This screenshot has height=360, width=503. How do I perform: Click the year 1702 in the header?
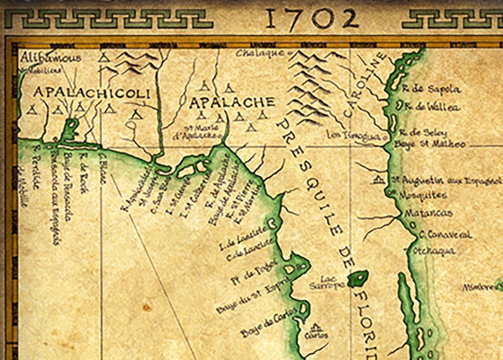(310, 19)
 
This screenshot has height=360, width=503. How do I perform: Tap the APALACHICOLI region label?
(91, 93)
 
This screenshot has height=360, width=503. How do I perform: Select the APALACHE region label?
(232, 101)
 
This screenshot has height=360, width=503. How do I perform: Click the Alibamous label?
(51, 58)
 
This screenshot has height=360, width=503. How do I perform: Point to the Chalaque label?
(260, 53)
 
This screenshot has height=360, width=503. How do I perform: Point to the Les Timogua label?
(353, 135)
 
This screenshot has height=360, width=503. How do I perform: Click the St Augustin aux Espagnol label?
(446, 180)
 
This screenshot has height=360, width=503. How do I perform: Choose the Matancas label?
(430, 213)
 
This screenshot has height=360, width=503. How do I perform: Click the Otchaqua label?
(434, 251)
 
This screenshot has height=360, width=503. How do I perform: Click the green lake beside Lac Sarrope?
(359, 278)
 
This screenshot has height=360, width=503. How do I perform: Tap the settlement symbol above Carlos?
(315, 328)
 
